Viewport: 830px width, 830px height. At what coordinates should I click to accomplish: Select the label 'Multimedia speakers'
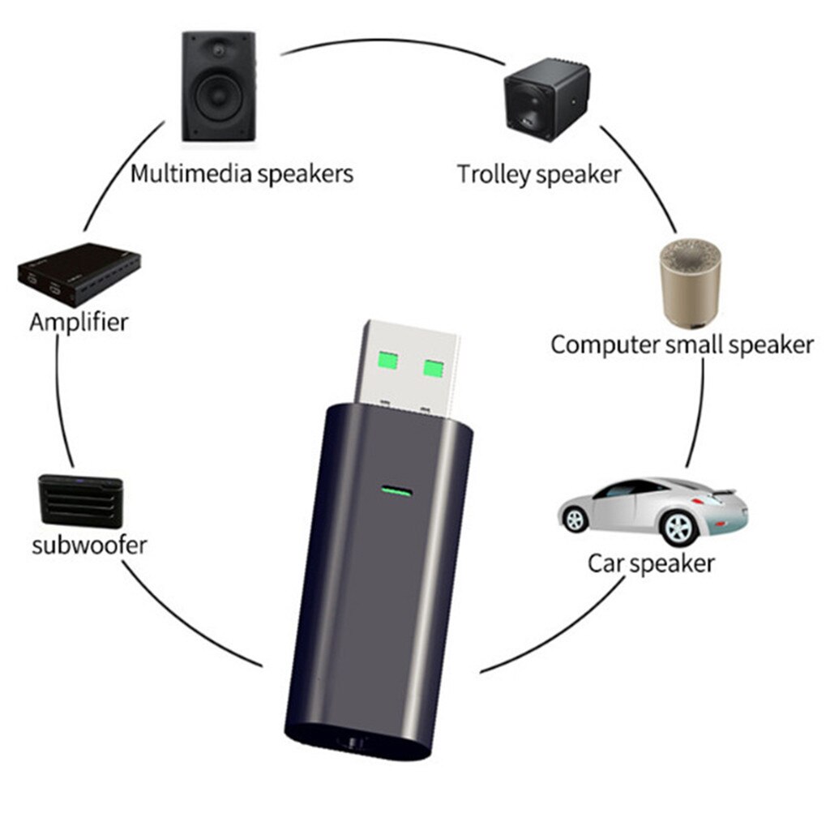pos(242,173)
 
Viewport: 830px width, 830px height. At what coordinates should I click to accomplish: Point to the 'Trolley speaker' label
pos(539,173)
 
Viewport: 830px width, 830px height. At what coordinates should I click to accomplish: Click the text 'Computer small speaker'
pos(682,344)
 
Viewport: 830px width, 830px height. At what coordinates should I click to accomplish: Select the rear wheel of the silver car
pos(575,520)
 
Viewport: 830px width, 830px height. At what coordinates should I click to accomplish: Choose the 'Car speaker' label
pos(651,563)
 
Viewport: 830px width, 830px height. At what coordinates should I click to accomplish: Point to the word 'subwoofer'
pos(89,544)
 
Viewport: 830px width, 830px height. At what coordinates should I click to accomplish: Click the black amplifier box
pos(79,276)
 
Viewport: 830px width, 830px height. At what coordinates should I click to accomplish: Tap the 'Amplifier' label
pos(79,322)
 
